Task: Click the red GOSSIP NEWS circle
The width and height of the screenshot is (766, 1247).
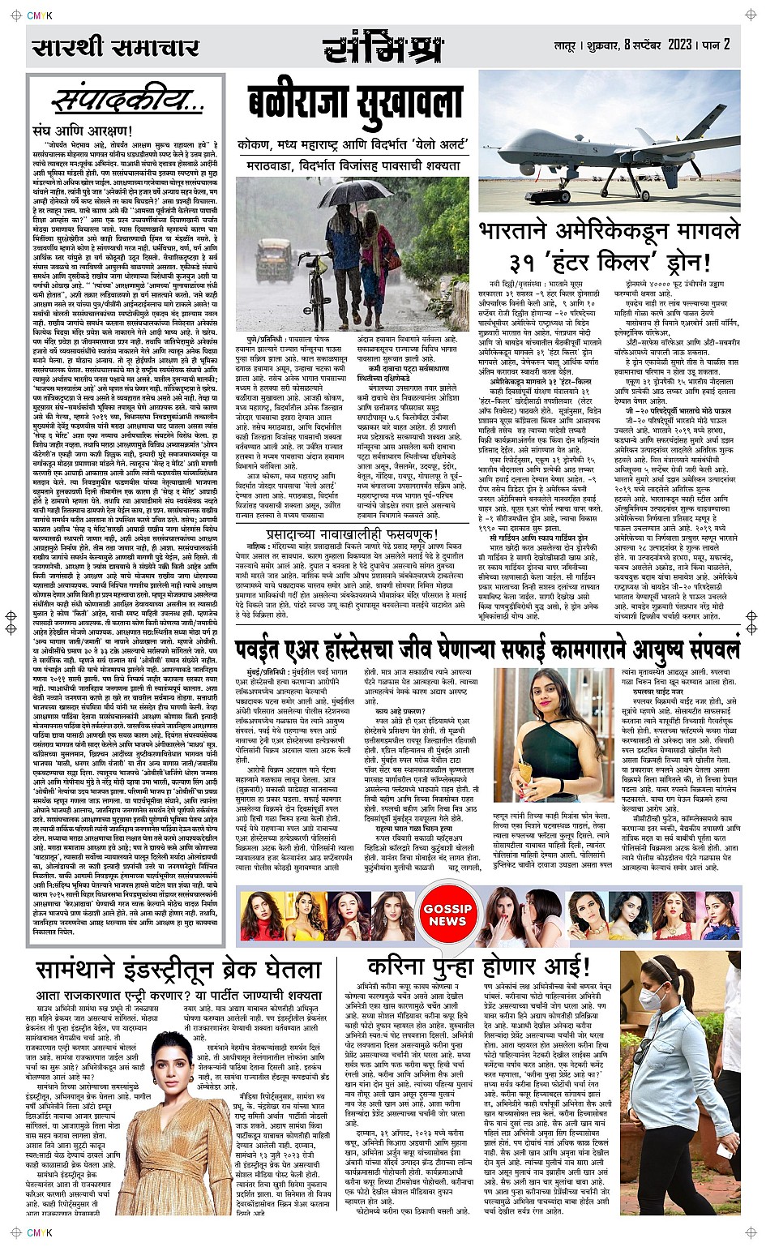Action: [447, 914]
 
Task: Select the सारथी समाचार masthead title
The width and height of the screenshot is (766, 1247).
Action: [115, 47]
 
